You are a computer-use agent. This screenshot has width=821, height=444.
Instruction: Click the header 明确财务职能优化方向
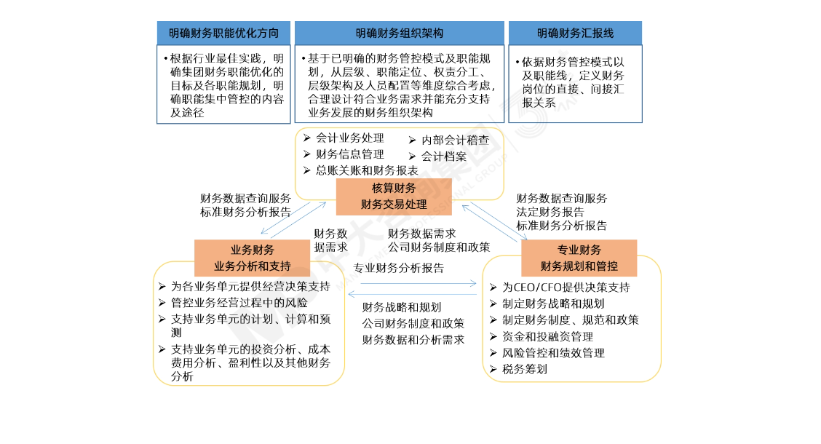223,33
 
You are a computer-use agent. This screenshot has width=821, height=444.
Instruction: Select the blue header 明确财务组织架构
399,33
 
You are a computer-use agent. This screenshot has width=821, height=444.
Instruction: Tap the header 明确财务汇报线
575,33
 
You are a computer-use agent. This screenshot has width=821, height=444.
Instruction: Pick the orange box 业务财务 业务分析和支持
253,258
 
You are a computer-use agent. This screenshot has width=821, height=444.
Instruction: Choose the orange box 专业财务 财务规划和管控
579,258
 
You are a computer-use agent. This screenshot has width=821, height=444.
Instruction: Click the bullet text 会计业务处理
349,138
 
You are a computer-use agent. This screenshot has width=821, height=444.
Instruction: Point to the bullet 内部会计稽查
455,140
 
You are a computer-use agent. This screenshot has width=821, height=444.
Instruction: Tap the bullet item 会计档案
444,156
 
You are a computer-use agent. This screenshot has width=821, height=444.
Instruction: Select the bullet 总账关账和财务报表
366,170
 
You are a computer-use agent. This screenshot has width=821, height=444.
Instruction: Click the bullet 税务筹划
524,369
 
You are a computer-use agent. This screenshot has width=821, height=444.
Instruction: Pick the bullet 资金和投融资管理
547,336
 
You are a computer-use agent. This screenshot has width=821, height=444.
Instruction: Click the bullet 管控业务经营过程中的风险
239,302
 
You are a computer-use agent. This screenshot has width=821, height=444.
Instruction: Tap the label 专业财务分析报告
398,267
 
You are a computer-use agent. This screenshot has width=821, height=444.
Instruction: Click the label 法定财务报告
550,212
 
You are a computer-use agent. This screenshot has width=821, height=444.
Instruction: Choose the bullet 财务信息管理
349,154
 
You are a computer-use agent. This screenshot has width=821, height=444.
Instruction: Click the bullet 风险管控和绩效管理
553,353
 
